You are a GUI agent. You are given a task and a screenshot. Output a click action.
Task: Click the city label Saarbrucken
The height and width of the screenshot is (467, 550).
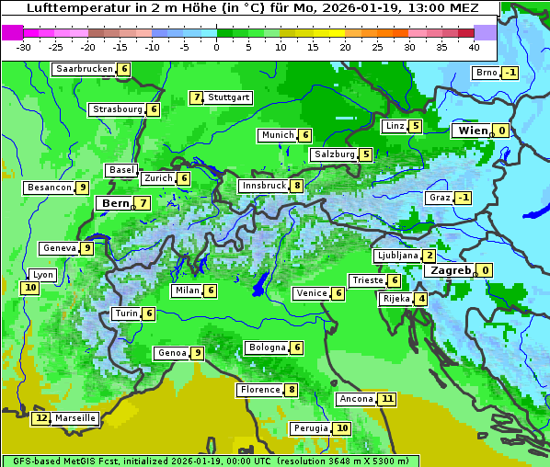85,69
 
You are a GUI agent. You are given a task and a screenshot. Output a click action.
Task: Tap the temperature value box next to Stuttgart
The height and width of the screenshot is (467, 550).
196,97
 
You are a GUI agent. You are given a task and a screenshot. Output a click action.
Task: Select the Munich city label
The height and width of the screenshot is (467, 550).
277,135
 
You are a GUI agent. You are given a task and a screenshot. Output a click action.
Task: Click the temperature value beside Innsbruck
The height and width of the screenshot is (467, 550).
297,186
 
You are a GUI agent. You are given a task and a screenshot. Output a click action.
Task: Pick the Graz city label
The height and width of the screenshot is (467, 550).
439,198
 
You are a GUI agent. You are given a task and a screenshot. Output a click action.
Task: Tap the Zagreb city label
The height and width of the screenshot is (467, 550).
451,270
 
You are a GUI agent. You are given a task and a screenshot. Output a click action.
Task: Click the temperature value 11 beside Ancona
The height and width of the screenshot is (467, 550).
387,399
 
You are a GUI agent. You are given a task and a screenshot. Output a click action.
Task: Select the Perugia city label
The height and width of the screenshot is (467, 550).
309,428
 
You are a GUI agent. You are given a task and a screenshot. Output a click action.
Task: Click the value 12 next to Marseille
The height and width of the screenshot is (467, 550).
40,418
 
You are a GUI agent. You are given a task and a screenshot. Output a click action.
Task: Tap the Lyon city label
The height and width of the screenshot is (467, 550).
42,275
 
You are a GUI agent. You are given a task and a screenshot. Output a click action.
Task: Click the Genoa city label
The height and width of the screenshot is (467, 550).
171,353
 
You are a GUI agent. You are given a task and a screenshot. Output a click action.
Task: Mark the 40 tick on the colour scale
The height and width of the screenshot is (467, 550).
474,47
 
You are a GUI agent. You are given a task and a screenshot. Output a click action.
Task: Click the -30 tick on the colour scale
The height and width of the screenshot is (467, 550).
24,47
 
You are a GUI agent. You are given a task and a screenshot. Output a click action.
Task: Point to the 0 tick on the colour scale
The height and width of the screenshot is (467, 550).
217,47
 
